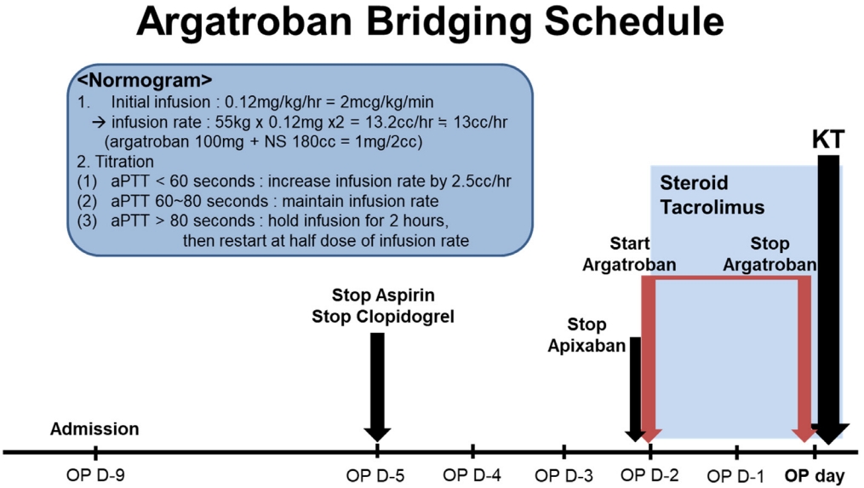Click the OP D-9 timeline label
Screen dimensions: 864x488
[95, 475]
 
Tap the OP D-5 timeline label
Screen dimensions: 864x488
[375, 475]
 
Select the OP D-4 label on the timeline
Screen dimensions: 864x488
[472, 474]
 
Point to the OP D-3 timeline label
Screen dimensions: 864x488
[564, 474]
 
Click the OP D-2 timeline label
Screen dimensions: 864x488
[649, 474]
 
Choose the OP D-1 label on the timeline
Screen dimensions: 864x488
[735, 475]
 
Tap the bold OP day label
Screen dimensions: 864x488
[815, 476]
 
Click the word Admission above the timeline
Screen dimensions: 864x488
[94, 429]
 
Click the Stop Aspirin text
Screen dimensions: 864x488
[383, 296]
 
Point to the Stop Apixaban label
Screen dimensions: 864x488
[586, 335]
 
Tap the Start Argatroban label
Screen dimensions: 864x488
[629, 254]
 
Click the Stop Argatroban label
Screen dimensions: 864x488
[770, 254]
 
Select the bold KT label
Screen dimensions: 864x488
[828, 140]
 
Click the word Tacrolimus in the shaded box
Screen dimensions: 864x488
[712, 207]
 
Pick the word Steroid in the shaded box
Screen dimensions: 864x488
[694, 182]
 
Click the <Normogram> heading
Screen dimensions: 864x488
[145, 81]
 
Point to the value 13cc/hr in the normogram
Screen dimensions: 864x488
[480, 122]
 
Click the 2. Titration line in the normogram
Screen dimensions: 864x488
[115, 162]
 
